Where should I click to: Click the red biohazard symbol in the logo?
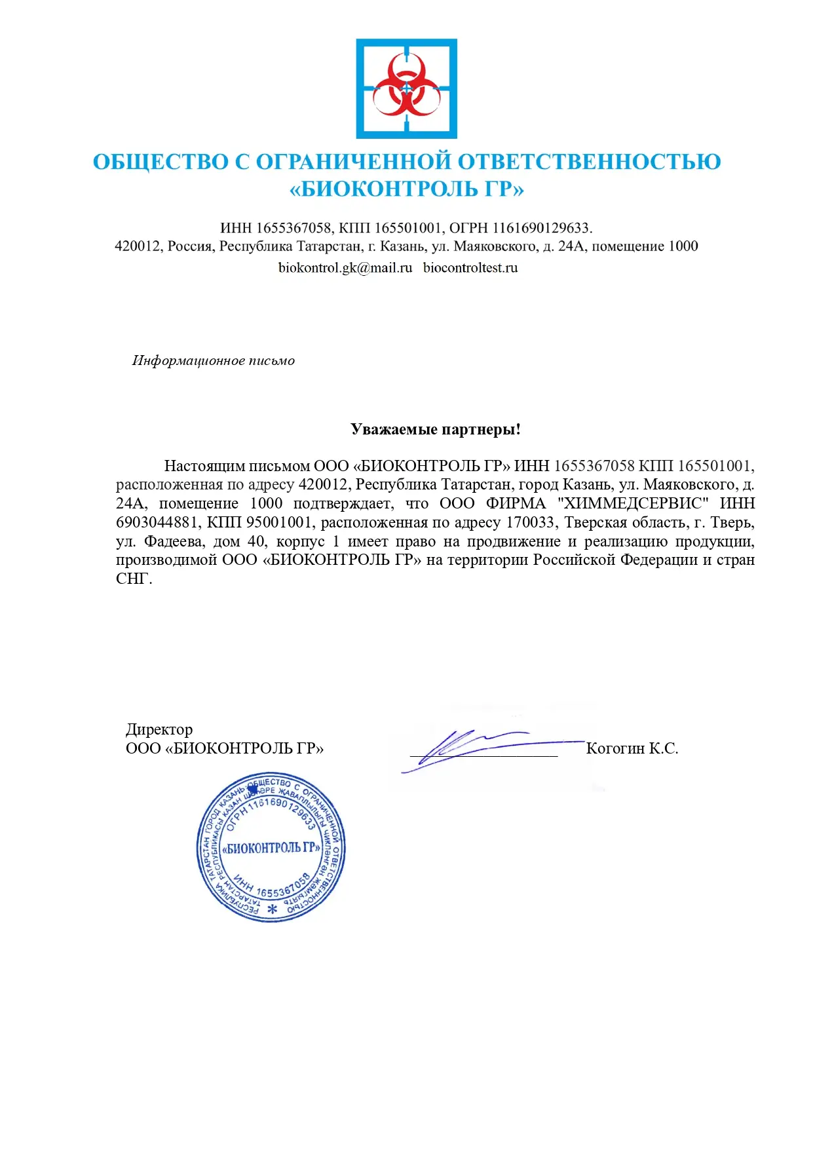tap(406, 88)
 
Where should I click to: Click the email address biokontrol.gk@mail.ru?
tap(345, 267)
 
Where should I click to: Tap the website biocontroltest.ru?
tap(470, 267)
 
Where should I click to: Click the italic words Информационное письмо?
tap(214, 360)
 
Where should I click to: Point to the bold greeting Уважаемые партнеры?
tap(436, 429)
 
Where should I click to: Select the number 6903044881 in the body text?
tap(157, 522)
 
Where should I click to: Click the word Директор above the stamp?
tap(159, 729)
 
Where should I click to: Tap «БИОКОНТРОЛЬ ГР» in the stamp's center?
tap(271, 847)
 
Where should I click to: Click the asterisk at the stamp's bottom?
tap(273, 910)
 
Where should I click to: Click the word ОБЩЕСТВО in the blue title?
tap(161, 162)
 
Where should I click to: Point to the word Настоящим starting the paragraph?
tap(203, 466)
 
